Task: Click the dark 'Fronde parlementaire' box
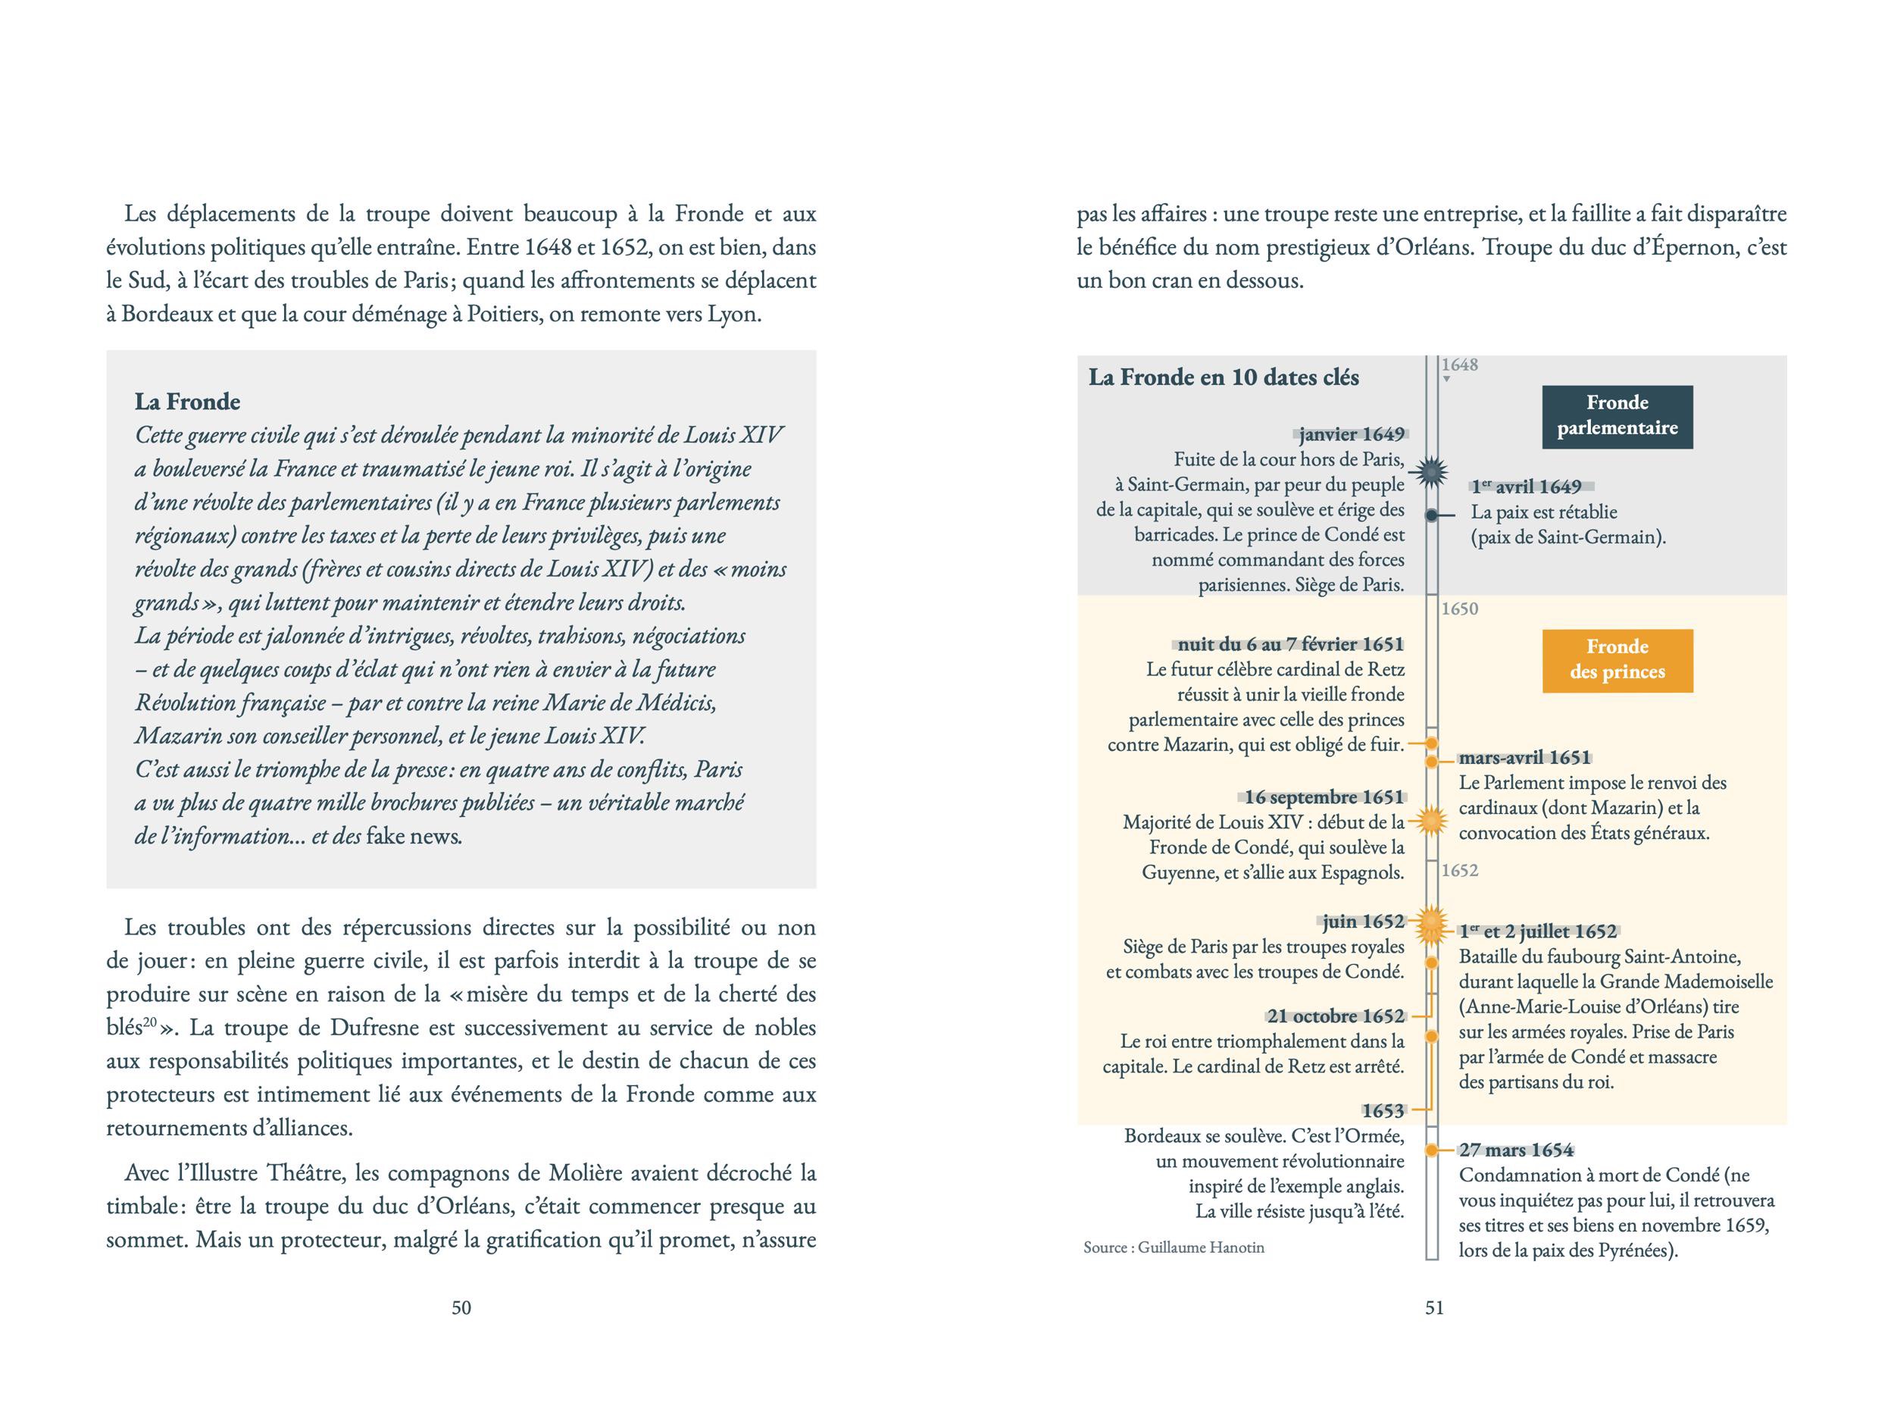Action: (x=1617, y=416)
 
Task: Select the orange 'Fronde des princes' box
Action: (x=1617, y=660)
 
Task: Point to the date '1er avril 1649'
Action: (x=1527, y=487)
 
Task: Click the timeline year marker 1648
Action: (x=1459, y=365)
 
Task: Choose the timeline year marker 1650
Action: (x=1459, y=609)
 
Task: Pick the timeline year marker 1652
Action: (x=1459, y=870)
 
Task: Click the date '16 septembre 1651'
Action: (x=1324, y=797)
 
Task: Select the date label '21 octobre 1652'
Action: (x=1335, y=1017)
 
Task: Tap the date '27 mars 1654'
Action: (x=1517, y=1150)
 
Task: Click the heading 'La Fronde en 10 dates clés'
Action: (x=1224, y=377)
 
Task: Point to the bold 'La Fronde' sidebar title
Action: (x=188, y=402)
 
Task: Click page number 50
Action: (x=461, y=1308)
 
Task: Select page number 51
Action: (x=1434, y=1308)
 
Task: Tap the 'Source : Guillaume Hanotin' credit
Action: (x=1173, y=1248)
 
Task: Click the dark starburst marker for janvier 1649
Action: (x=1432, y=472)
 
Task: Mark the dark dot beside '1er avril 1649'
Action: (x=1432, y=515)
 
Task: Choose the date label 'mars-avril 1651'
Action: (x=1524, y=757)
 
